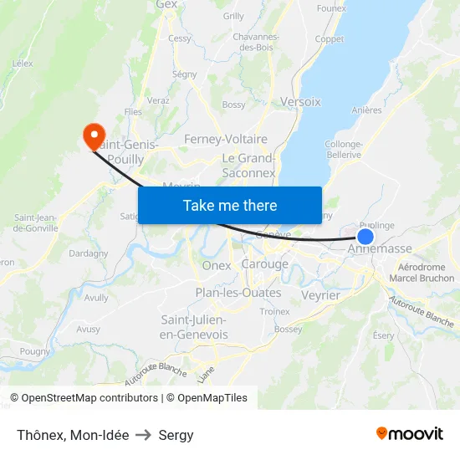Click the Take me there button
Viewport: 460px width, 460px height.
pyautogui.click(x=230, y=205)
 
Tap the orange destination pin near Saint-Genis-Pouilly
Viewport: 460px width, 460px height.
pyautogui.click(x=93, y=135)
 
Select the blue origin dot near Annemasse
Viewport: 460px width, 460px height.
pyautogui.click(x=365, y=237)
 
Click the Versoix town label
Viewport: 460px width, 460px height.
pyautogui.click(x=301, y=101)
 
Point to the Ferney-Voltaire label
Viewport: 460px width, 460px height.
pyautogui.click(x=226, y=140)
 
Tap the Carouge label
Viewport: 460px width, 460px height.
pyautogui.click(x=264, y=264)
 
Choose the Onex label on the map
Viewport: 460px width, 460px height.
pyautogui.click(x=217, y=265)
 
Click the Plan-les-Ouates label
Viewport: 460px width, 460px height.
pyautogui.click(x=238, y=293)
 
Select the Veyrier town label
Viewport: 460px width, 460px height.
pyautogui.click(x=319, y=295)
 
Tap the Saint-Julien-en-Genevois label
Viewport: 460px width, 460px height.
pyautogui.click(x=194, y=327)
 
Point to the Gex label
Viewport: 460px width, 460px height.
pyautogui.click(x=166, y=5)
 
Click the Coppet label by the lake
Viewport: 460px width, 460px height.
pyautogui.click(x=329, y=39)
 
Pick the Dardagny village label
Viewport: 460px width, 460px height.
pyautogui.click(x=88, y=253)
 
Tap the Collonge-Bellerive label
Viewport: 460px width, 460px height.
pyautogui.click(x=343, y=150)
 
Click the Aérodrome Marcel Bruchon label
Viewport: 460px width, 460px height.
pyautogui.click(x=422, y=273)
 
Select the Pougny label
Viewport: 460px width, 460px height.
pyautogui.click(x=35, y=352)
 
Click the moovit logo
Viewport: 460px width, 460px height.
pyautogui.click(x=409, y=433)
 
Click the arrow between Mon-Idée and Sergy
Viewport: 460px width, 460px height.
pyautogui.click(x=143, y=435)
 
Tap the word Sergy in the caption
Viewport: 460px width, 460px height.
pyautogui.click(x=176, y=435)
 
